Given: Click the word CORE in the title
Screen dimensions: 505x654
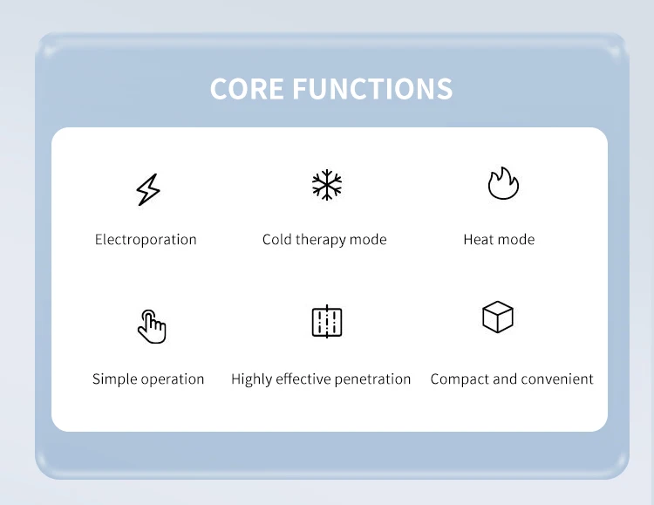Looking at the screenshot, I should click(x=247, y=89).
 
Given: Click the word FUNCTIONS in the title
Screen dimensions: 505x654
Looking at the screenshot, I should click(x=372, y=89).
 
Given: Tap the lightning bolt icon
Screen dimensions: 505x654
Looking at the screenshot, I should click(x=147, y=189).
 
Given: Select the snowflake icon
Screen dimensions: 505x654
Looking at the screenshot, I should click(x=327, y=185).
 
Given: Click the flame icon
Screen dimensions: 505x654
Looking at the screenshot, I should click(x=502, y=184).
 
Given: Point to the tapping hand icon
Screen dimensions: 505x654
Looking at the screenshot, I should click(x=152, y=326).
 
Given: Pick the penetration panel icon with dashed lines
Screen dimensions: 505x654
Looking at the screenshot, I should click(x=327, y=322).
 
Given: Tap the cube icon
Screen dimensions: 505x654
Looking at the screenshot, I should click(x=498, y=317).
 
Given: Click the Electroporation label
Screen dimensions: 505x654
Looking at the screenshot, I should click(x=146, y=240).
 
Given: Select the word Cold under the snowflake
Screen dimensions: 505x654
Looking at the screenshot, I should click(x=277, y=240).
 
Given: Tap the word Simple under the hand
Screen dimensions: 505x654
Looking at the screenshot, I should click(x=114, y=379).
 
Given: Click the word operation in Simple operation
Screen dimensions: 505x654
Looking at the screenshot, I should click(x=172, y=379).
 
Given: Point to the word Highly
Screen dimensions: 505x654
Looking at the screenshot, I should click(x=251, y=379).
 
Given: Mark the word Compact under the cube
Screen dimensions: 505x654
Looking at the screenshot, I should click(x=460, y=379).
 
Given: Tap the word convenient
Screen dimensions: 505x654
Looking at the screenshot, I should click(x=557, y=379).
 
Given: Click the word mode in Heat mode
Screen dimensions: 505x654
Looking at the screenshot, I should click(x=518, y=240).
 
